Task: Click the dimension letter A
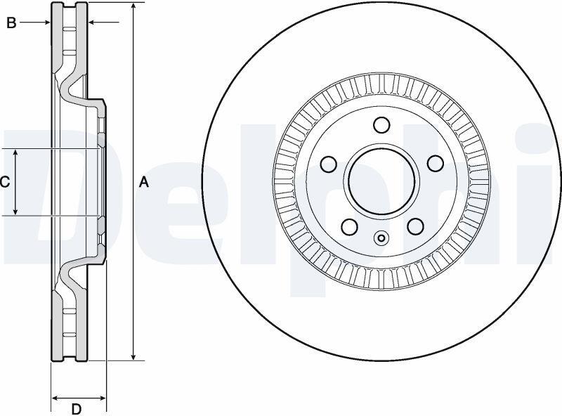(x=143, y=182)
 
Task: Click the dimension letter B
(x=11, y=23)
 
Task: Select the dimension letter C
(x=5, y=183)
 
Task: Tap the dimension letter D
(x=76, y=409)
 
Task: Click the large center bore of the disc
(x=381, y=181)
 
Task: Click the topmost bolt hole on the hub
(x=381, y=125)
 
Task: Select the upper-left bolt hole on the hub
(x=328, y=164)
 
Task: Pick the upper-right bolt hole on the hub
(x=436, y=164)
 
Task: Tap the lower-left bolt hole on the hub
(x=349, y=227)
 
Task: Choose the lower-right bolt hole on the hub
(x=415, y=226)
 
